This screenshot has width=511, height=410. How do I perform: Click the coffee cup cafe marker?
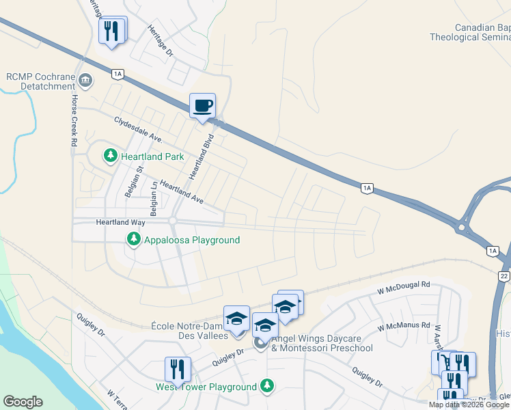tap(202, 106)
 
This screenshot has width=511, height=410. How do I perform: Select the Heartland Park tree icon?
tap(110, 156)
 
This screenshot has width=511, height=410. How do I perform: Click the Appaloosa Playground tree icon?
tap(134, 240)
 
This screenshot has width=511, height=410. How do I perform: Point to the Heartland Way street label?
tap(120, 222)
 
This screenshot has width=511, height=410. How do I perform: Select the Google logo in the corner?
tap(23, 402)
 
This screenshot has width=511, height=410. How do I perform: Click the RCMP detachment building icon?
tap(85, 81)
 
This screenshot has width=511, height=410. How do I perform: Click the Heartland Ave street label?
tap(182, 192)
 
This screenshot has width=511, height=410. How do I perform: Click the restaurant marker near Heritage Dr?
tap(112, 30)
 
